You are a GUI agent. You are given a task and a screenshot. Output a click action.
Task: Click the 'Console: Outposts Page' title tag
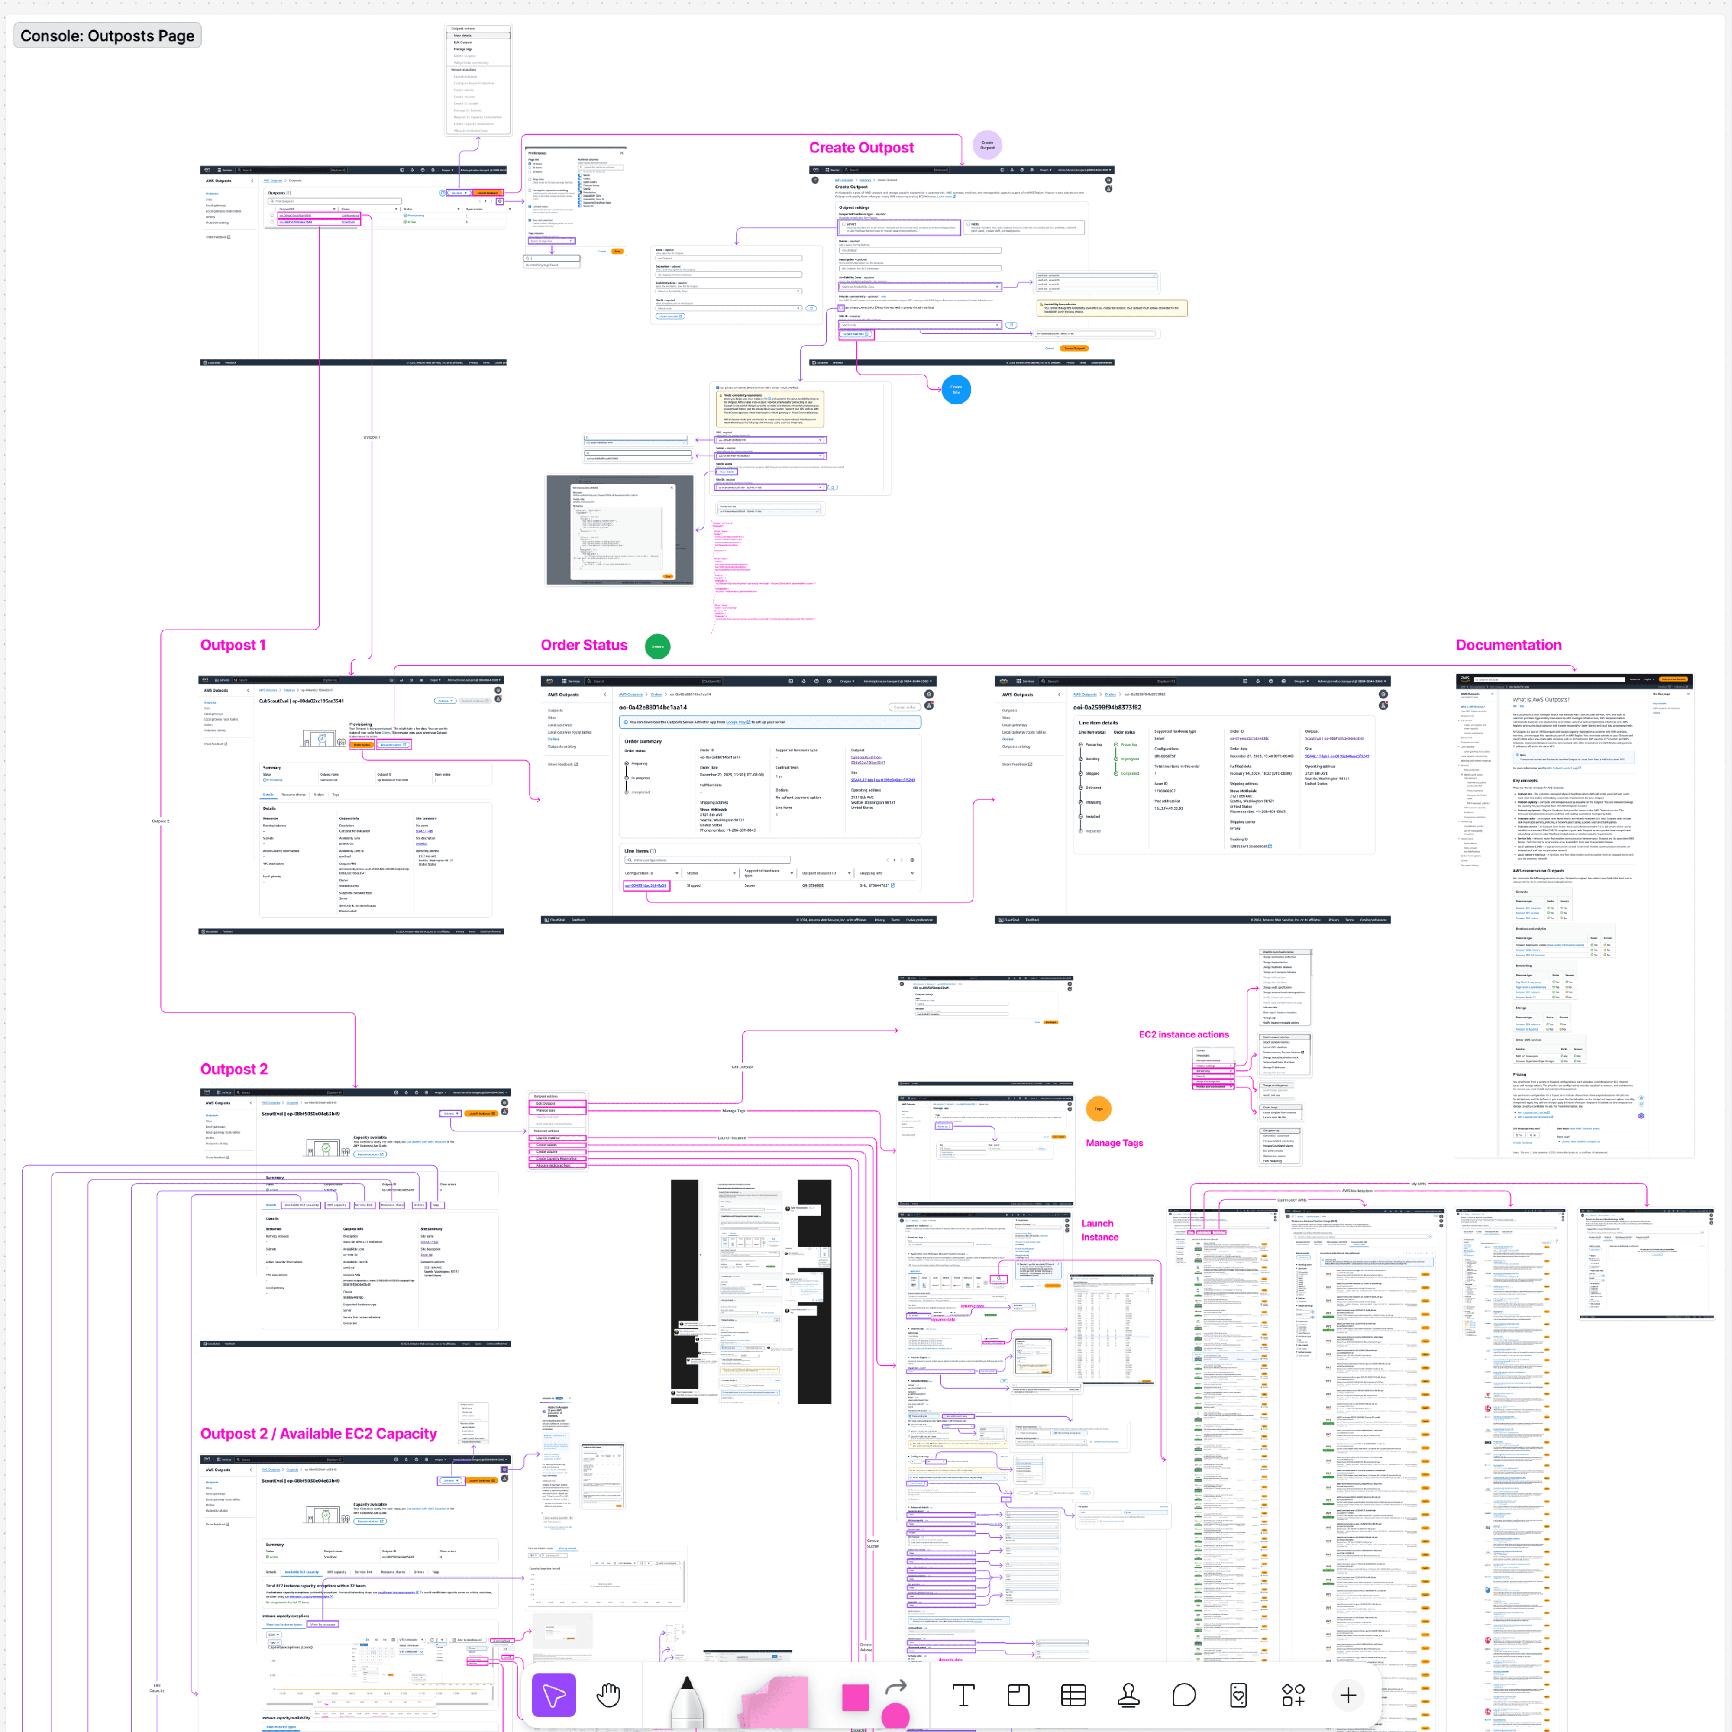tap(107, 36)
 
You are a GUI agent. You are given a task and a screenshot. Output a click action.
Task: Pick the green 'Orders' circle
tap(657, 646)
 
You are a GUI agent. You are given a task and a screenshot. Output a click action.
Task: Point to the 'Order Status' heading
tap(584, 646)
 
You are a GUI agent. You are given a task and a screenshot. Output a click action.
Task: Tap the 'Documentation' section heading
tap(1508, 646)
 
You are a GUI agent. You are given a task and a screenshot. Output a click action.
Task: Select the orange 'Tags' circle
tap(1098, 1109)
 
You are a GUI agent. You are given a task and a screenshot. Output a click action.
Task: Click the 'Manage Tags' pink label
tap(1114, 1143)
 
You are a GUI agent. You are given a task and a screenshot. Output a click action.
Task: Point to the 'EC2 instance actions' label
tap(1183, 1034)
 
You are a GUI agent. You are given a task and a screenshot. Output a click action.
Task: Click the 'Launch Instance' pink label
tap(1099, 1230)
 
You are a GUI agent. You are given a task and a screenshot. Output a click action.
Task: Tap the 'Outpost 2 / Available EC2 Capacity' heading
tap(318, 1434)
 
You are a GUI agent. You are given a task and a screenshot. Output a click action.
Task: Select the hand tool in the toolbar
tap(609, 1694)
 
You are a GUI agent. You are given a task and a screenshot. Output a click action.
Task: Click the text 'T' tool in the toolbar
tap(963, 1694)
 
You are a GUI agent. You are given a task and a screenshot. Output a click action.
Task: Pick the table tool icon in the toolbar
tap(1073, 1694)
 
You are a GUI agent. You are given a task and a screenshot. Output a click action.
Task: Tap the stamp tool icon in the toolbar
tap(1129, 1694)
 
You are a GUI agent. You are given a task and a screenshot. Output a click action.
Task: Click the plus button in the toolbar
tap(1347, 1694)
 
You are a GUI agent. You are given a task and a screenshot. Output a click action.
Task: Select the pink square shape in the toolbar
tap(855, 1696)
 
